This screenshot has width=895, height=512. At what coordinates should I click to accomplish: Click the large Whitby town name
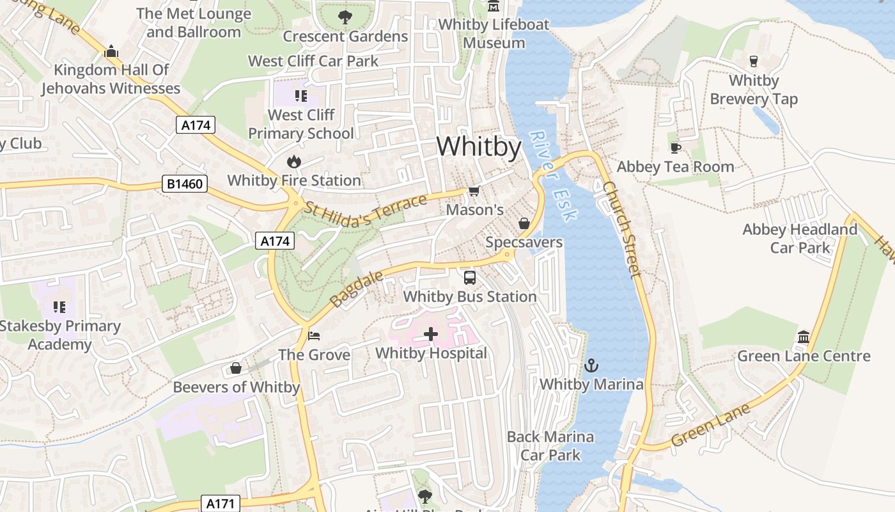pos(479,147)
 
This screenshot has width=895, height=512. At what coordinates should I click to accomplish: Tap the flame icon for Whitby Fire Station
pos(294,161)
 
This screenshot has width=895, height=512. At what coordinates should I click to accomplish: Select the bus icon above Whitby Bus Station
pos(470,278)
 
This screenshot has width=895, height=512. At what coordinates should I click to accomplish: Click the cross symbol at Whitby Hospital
pos(431,333)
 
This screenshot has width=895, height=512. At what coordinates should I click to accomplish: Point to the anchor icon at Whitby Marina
pos(591,365)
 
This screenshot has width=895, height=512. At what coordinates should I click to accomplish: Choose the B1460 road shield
pos(185,184)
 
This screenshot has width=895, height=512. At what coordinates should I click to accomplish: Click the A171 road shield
pos(221,504)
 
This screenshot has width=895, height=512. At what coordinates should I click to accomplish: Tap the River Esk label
pos(553,177)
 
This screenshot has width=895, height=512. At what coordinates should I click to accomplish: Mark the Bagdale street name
pos(357,288)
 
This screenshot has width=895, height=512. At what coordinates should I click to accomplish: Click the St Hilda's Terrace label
pos(366,211)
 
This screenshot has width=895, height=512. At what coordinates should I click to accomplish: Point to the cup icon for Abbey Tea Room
pos(675,148)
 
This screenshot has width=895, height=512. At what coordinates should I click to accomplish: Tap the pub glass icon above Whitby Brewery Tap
pos(754,61)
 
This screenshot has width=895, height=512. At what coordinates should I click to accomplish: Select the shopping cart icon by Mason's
pos(474,191)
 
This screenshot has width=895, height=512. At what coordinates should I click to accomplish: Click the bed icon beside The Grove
pos(314,335)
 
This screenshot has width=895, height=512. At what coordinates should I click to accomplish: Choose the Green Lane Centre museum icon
pos(804,337)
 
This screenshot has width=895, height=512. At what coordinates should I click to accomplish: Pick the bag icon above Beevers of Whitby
pos(236,368)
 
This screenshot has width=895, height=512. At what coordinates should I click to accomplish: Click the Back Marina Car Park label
pos(550,446)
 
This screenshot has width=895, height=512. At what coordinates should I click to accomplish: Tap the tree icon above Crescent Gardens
pos(345,17)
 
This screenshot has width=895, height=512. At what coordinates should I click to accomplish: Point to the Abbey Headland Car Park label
pos(800,238)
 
